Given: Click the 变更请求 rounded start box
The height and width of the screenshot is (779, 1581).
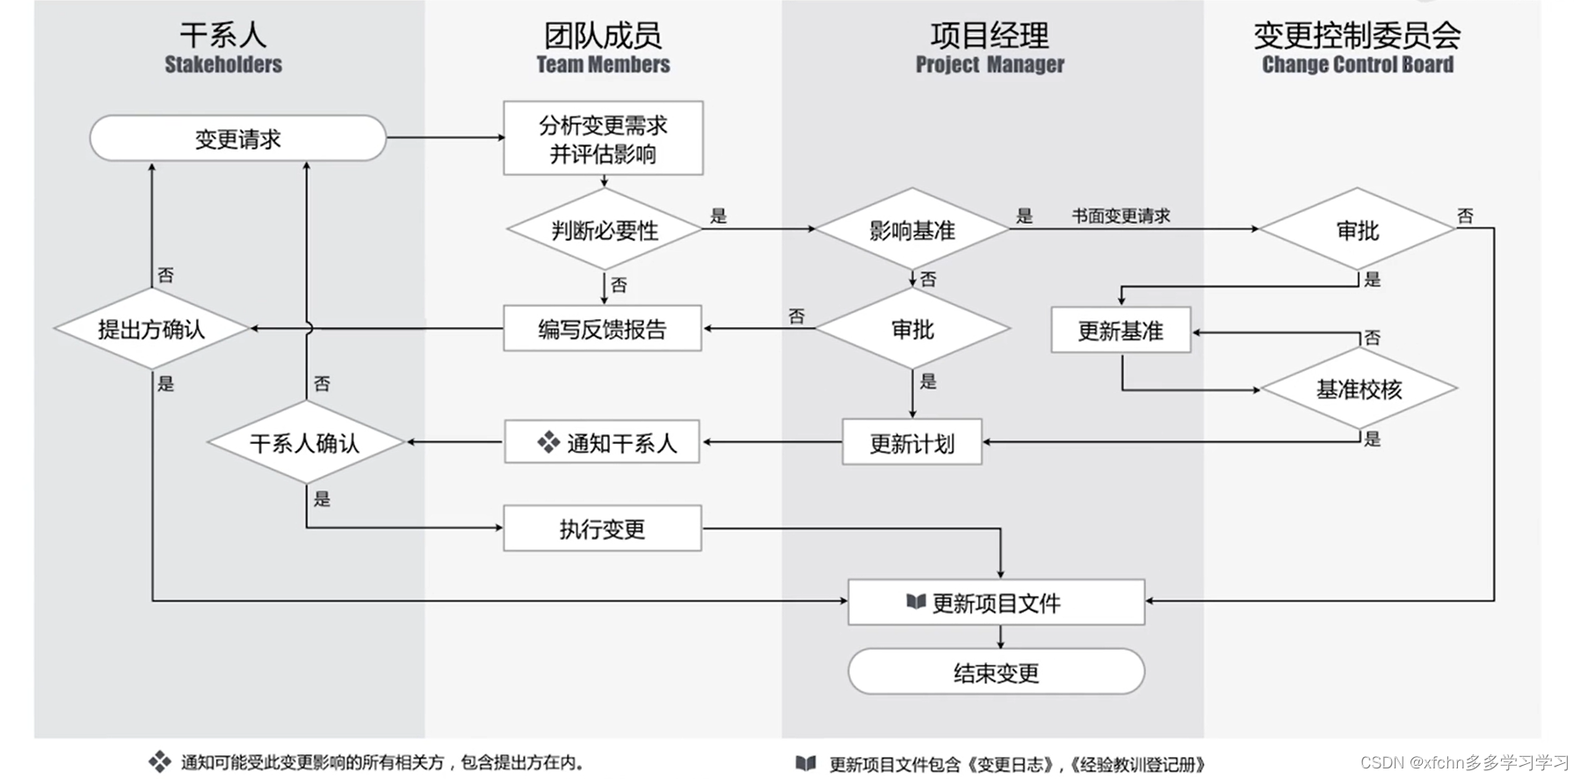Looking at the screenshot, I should pyautogui.click(x=237, y=138).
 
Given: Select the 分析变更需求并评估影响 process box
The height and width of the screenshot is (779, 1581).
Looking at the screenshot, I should pyautogui.click(x=603, y=138).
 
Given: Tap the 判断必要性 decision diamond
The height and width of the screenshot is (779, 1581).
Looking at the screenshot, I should pyautogui.click(x=605, y=230).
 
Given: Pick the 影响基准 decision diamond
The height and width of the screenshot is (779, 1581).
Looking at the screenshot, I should pyautogui.click(x=912, y=230).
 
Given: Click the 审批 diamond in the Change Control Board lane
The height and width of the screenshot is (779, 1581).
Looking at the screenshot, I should pyautogui.click(x=1357, y=230).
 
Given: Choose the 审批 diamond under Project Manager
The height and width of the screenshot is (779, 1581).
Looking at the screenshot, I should pyautogui.click(x=912, y=329).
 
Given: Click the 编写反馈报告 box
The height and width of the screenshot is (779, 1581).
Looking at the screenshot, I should pyautogui.click(x=602, y=329).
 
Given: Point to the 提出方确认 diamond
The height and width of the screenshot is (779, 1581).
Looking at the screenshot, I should pyautogui.click(x=151, y=329).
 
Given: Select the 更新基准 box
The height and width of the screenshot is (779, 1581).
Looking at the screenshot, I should pyautogui.click(x=1120, y=331).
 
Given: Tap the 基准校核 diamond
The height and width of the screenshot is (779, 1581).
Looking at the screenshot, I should pyautogui.click(x=1359, y=389).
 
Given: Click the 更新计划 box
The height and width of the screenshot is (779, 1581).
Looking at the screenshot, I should pyautogui.click(x=911, y=443).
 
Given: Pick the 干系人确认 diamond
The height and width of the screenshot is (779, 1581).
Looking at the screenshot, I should pyautogui.click(x=305, y=442).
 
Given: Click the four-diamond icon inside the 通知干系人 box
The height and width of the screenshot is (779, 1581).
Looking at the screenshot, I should pyautogui.click(x=548, y=442).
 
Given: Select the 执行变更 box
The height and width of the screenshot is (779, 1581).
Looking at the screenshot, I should pyautogui.click(x=602, y=528).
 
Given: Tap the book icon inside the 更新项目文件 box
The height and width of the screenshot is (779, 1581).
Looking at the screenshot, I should pyautogui.click(x=916, y=601).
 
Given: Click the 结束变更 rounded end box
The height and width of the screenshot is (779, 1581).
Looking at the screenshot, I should pyautogui.click(x=996, y=673).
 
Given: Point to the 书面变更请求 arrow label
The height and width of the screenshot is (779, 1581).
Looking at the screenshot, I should pyautogui.click(x=1120, y=215).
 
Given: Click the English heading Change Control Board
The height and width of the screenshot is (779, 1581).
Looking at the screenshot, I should pyautogui.click(x=1357, y=64).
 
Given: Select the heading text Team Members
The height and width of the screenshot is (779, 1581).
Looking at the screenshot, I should pyautogui.click(x=603, y=64).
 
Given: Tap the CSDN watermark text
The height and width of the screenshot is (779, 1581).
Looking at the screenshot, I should pyautogui.click(x=1464, y=762).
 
